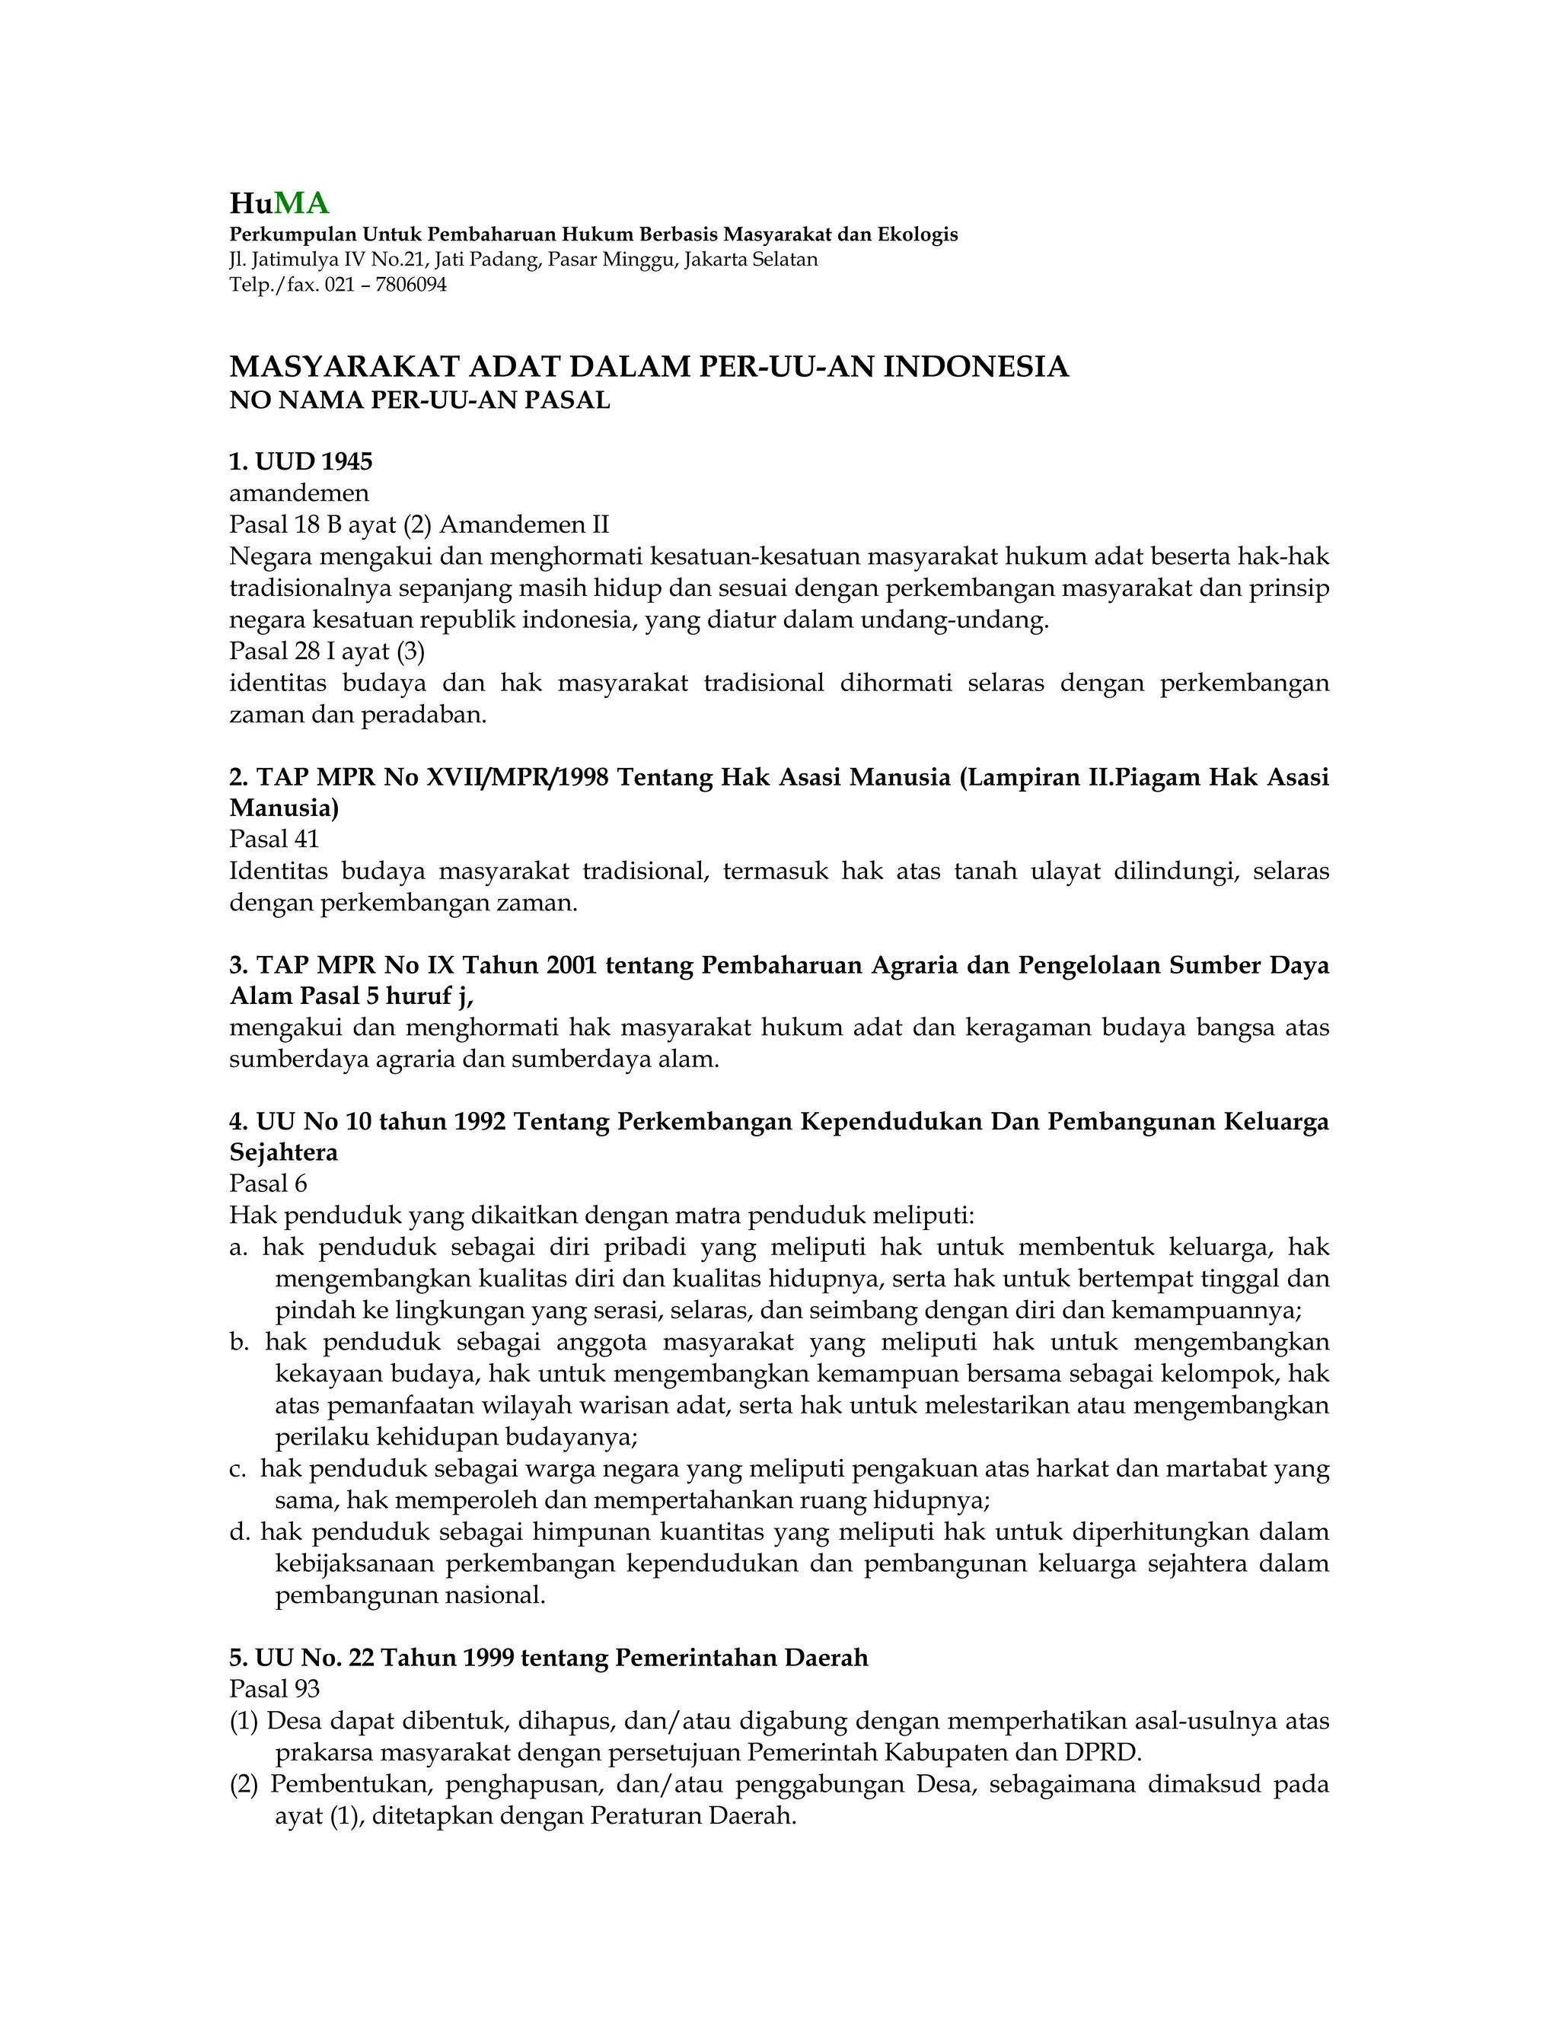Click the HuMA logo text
click(x=279, y=203)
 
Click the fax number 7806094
click(x=410, y=285)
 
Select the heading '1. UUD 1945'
click(x=301, y=460)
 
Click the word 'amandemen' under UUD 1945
click(x=299, y=493)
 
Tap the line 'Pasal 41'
click(x=274, y=839)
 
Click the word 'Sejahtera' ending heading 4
click(x=283, y=1152)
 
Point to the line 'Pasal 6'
click(x=268, y=1184)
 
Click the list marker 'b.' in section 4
click(x=239, y=1342)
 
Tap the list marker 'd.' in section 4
click(x=239, y=1532)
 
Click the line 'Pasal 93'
click(x=274, y=1689)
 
